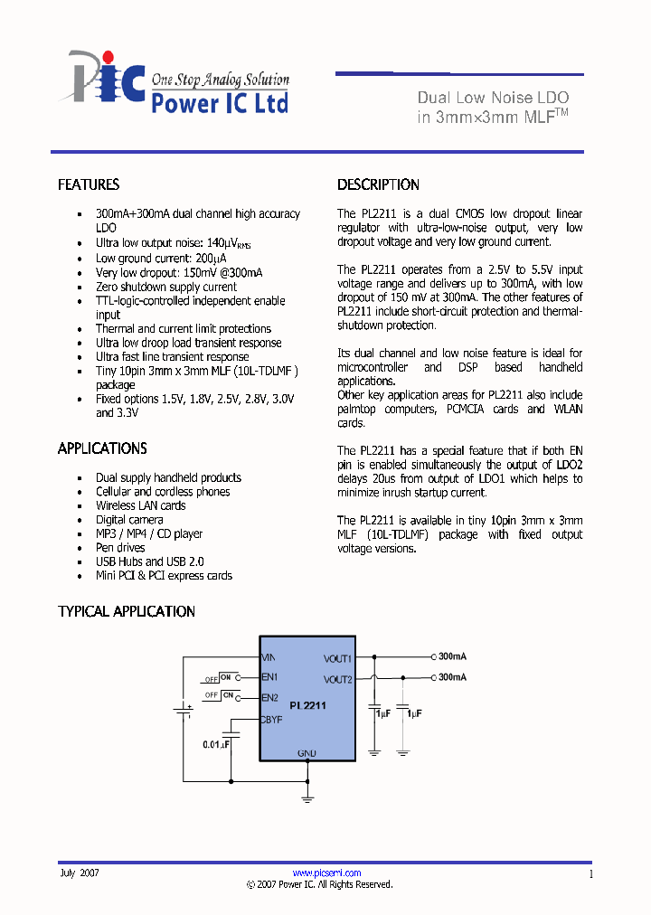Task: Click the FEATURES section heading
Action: click(x=89, y=184)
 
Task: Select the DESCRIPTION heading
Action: click(x=378, y=184)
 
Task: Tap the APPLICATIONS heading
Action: click(x=102, y=448)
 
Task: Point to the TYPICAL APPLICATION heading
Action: click(x=127, y=611)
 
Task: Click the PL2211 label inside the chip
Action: click(x=307, y=704)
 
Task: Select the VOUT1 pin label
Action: click(x=337, y=658)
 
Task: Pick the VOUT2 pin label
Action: click(x=337, y=679)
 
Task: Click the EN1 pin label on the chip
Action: click(x=269, y=676)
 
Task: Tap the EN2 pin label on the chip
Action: click(x=269, y=697)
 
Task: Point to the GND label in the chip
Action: click(x=307, y=753)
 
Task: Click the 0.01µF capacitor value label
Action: click(x=216, y=743)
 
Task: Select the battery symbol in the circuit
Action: click(x=184, y=710)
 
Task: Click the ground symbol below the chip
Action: click(x=307, y=797)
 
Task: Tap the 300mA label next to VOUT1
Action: click(x=452, y=656)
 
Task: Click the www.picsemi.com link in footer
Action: click(x=326, y=873)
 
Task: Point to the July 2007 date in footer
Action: click(x=80, y=873)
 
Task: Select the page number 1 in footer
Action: click(x=590, y=874)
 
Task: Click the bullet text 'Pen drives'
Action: click(x=120, y=548)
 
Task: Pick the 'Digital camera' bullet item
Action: click(x=129, y=520)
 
